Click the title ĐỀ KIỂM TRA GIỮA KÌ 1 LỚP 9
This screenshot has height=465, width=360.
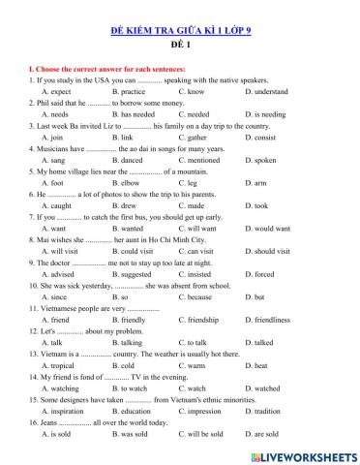click(179, 32)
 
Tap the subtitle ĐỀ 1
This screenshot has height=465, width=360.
click(179, 47)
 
